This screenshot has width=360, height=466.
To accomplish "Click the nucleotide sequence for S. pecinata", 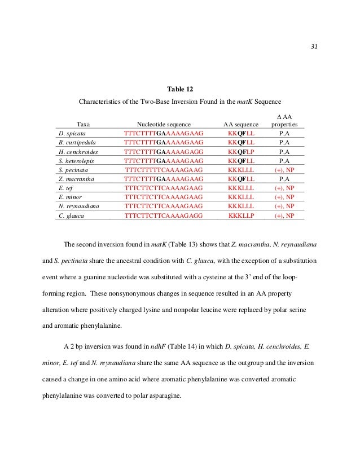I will tap(164, 170).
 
